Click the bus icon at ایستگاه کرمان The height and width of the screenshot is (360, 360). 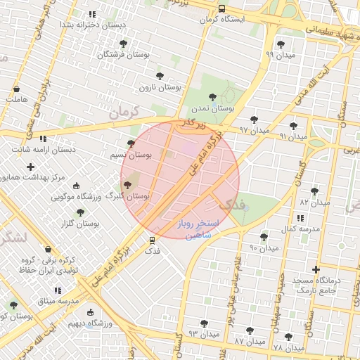(x=221, y=9)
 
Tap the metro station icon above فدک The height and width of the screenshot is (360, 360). (x=152, y=240)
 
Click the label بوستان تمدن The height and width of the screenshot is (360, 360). (x=212, y=108)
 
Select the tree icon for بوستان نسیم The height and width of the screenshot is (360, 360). (x=131, y=143)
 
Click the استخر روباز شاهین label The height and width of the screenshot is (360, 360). (x=198, y=228)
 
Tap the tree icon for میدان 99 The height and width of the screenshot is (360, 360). (x=281, y=44)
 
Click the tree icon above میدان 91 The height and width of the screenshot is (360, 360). (x=293, y=126)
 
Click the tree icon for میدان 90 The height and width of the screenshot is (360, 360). (x=264, y=238)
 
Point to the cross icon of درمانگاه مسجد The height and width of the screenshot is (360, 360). (x=316, y=269)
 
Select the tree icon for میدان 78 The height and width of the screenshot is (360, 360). (x=288, y=337)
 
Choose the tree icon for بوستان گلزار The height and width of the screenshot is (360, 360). (x=80, y=212)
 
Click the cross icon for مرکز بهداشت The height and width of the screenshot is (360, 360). (x=30, y=167)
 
